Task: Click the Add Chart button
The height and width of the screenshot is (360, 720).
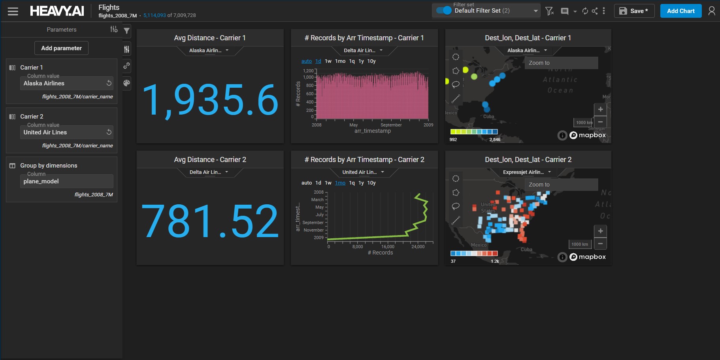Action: (x=680, y=11)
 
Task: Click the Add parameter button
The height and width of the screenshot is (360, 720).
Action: (x=61, y=48)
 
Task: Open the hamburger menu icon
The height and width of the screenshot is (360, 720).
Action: (x=13, y=11)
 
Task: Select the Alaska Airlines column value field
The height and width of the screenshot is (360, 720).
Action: (x=63, y=83)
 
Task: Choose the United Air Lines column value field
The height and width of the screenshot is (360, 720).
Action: (x=63, y=132)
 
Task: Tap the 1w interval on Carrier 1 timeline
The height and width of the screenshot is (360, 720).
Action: (x=328, y=61)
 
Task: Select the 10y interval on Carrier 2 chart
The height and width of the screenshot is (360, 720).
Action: (x=371, y=183)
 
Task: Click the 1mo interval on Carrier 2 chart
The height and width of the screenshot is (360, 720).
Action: (x=340, y=183)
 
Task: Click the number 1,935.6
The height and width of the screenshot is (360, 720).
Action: (x=210, y=100)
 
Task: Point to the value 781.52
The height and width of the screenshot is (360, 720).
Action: (x=210, y=221)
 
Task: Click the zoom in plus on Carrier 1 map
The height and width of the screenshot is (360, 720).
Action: (x=600, y=109)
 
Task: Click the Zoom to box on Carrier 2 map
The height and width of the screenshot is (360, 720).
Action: (x=561, y=185)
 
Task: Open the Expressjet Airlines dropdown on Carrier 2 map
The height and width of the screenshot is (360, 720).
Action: (x=527, y=172)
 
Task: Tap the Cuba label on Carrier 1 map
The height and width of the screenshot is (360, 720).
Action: (x=488, y=117)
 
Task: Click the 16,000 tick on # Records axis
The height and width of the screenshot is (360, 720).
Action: (x=388, y=247)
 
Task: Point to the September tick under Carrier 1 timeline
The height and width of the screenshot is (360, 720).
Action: (x=391, y=125)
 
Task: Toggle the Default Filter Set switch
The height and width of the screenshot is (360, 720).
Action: (x=444, y=11)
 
